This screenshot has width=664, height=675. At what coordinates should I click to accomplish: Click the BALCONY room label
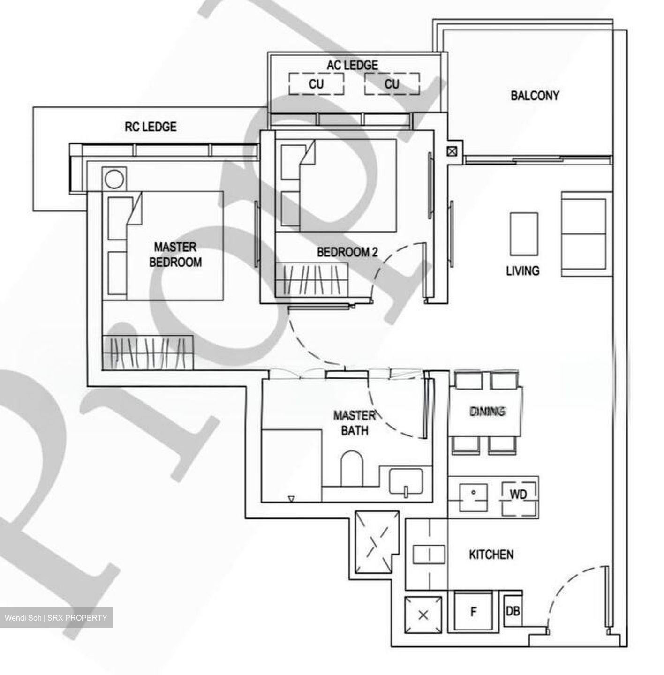click(x=535, y=96)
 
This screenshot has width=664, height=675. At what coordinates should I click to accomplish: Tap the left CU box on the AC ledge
click(x=316, y=84)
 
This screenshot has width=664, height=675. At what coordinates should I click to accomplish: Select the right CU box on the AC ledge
click(x=392, y=84)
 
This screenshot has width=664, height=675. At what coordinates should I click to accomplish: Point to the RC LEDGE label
click(x=151, y=127)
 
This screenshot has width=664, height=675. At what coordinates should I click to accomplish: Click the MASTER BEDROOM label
click(x=175, y=255)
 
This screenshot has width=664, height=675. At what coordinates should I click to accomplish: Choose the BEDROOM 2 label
click(x=347, y=252)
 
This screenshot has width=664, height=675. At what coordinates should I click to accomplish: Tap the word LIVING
click(x=522, y=270)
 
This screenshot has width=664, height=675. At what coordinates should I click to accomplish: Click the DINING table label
click(x=487, y=411)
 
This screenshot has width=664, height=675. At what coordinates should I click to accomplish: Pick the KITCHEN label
click(x=491, y=555)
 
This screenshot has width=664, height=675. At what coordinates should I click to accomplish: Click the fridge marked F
click(x=473, y=611)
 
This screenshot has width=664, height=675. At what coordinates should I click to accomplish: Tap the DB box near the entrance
click(x=513, y=611)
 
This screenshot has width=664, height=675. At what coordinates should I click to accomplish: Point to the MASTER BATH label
click(x=355, y=422)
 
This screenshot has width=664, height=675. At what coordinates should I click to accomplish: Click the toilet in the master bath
click(x=352, y=469)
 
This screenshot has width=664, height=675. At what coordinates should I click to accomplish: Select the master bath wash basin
click(x=406, y=482)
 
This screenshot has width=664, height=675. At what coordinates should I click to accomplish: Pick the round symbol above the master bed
click(x=114, y=179)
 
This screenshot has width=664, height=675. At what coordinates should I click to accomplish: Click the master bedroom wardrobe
click(x=148, y=352)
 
